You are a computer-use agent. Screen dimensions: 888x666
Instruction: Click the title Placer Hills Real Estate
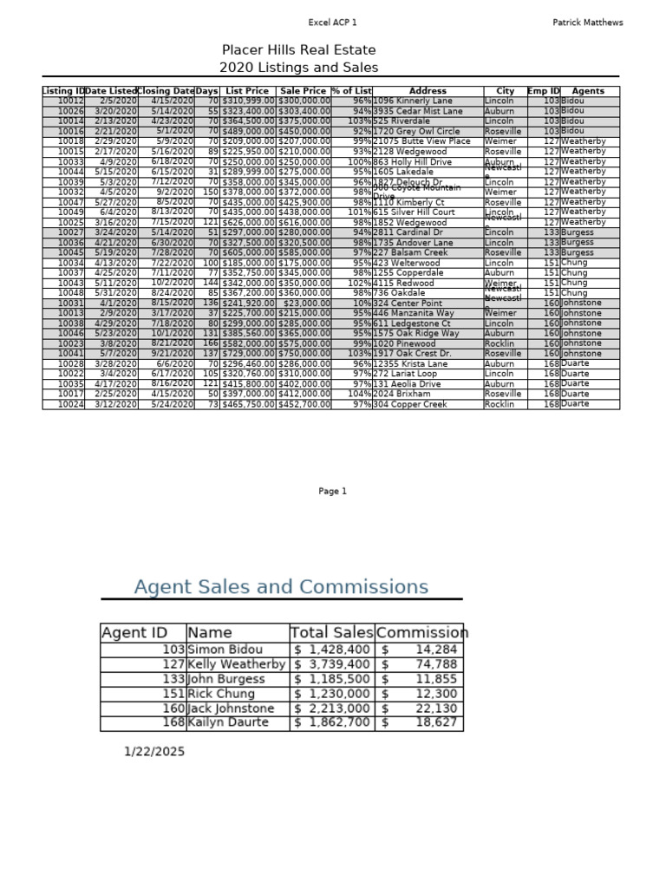click(298, 50)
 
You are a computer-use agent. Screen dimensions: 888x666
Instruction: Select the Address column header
click(428, 91)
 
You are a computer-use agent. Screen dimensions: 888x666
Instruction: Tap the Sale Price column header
click(304, 91)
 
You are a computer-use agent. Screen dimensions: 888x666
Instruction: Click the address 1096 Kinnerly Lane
click(412, 101)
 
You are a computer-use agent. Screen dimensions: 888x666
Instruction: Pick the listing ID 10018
click(70, 141)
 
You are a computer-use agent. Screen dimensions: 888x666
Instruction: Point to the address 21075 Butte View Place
click(421, 141)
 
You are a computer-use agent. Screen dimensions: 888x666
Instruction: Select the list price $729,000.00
click(248, 354)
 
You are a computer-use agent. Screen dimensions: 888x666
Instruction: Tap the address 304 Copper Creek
click(410, 404)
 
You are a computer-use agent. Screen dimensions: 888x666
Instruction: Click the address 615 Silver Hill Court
click(414, 212)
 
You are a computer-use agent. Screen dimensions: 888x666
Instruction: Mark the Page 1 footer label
click(332, 492)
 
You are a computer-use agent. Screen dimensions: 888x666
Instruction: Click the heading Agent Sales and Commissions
click(281, 587)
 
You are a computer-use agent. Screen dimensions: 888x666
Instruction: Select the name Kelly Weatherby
click(236, 664)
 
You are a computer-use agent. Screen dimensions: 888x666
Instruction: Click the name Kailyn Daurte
click(229, 722)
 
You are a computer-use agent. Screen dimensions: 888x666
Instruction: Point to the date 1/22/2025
click(154, 752)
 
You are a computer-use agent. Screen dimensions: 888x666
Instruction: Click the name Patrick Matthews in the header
click(587, 23)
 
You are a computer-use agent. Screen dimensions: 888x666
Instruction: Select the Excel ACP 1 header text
click(332, 23)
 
